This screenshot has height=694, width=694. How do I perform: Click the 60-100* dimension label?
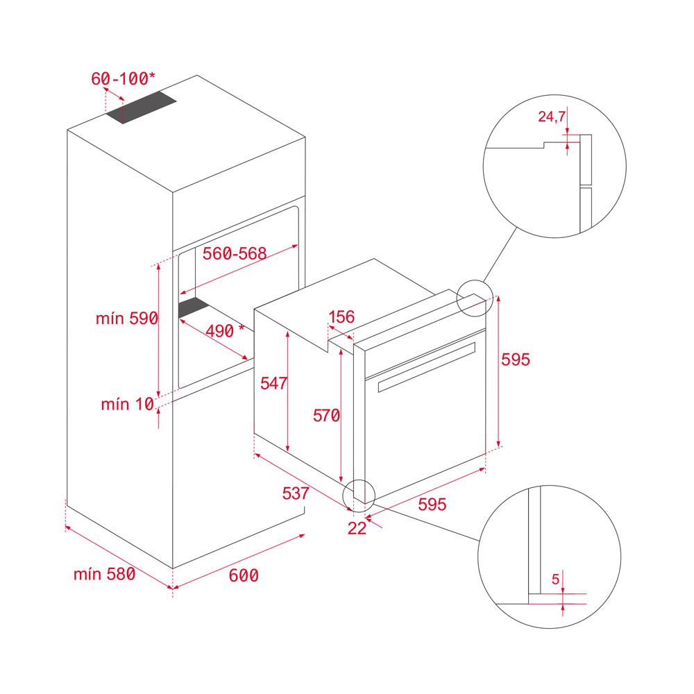tap(123, 79)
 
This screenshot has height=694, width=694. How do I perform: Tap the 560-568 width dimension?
tap(235, 253)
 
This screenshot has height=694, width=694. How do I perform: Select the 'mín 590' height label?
tap(127, 319)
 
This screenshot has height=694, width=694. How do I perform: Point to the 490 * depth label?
tap(225, 331)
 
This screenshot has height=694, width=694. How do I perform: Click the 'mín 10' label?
tap(128, 404)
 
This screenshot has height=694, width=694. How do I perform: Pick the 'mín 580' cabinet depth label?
tap(105, 574)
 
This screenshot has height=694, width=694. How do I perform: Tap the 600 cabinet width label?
tap(244, 575)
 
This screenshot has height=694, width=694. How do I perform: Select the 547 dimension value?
tap(274, 383)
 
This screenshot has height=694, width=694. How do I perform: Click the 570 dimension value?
tap(327, 416)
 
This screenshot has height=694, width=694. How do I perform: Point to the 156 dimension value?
tap(341, 317)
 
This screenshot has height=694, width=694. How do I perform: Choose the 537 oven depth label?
tap(296, 493)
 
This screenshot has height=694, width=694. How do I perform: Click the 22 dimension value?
tap(357, 528)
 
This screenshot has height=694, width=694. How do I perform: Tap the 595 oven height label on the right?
tap(516, 359)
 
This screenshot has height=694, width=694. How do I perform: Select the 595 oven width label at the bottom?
tap(432, 504)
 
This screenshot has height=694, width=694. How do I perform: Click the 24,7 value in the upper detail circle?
tap(552, 117)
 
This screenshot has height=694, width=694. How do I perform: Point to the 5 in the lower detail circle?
tap(556, 579)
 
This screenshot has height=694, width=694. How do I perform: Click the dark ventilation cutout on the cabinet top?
tap(141, 107)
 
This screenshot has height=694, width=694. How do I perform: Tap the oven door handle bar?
tap(427, 367)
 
